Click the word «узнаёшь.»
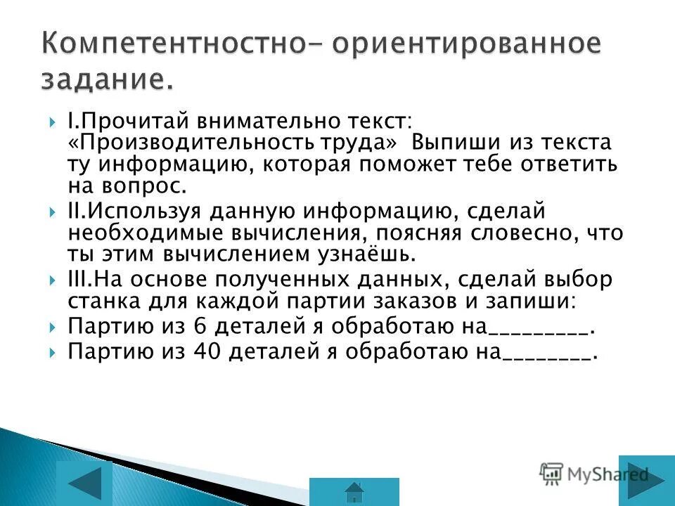pos(358,254)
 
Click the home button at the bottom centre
pos(354,491)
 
